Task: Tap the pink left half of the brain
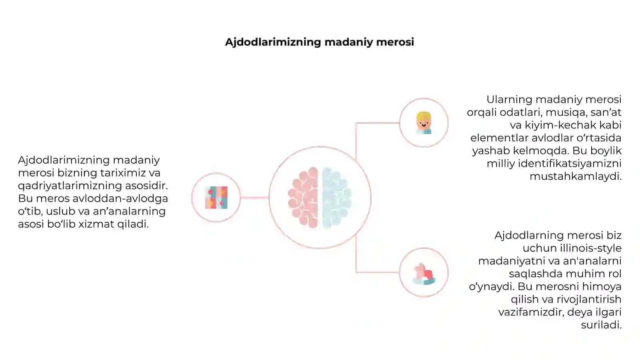click(x=303, y=198)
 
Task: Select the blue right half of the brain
click(x=336, y=198)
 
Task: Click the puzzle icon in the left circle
click(x=216, y=198)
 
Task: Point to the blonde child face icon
click(x=424, y=123)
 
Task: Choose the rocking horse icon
click(x=424, y=274)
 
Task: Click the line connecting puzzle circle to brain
click(x=254, y=198)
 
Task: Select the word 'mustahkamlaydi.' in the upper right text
click(x=576, y=176)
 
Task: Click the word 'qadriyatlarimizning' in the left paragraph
click(x=70, y=186)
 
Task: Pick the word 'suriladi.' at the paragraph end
click(x=602, y=325)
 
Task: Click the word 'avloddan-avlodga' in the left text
click(x=120, y=198)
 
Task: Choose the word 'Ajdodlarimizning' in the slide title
click(x=273, y=42)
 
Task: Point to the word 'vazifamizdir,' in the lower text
click(x=532, y=312)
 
